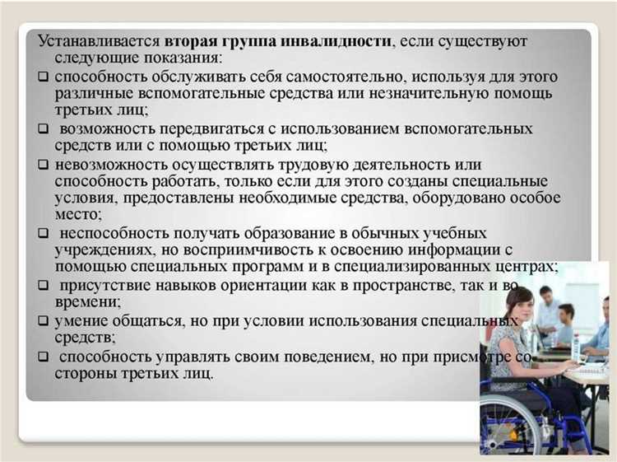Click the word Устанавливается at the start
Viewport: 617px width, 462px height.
pos(99,40)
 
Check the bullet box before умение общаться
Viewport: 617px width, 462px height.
pos(44,321)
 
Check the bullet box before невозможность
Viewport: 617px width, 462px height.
pos(44,166)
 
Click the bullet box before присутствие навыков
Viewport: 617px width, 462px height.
pos(44,286)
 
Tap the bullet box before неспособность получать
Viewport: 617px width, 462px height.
pos(44,234)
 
